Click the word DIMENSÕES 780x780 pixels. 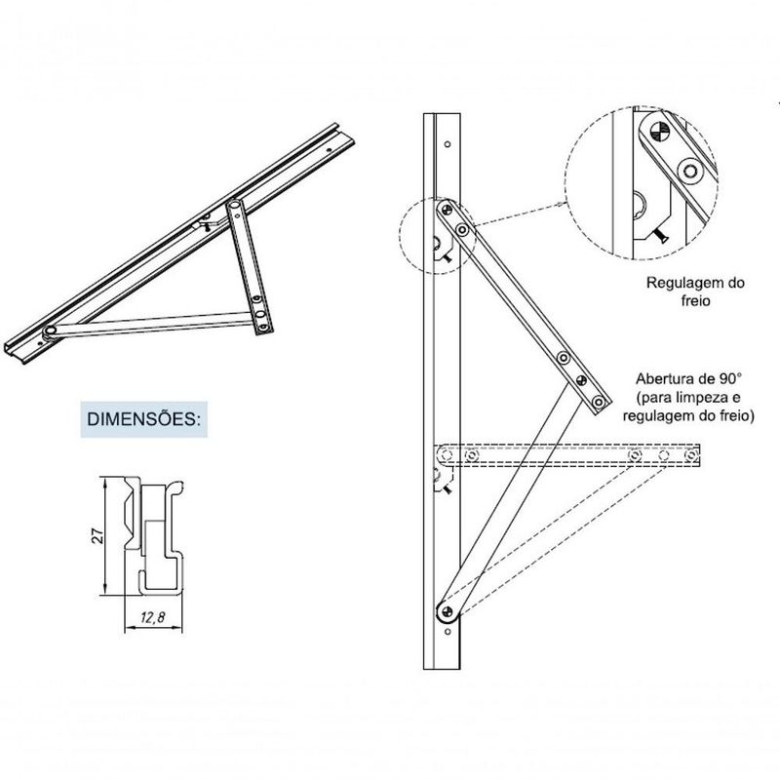[x=143, y=420]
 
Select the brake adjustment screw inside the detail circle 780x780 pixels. [x=660, y=234]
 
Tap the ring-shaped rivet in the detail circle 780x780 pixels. [x=692, y=171]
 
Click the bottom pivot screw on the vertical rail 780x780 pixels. [x=446, y=611]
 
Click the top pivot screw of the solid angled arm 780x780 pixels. [x=447, y=208]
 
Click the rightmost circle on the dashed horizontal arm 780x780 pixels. [x=693, y=453]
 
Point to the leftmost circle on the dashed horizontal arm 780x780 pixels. [x=447, y=454]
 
